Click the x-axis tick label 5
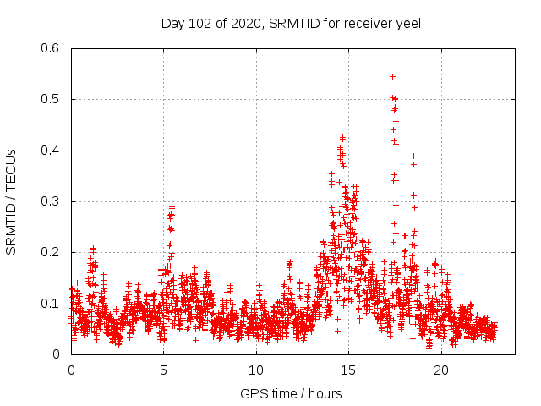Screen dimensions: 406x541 tap(163, 370)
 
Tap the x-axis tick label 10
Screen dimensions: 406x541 tap(255, 370)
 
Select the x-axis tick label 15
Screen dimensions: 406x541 tap(348, 370)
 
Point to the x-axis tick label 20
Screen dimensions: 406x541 tap(440, 370)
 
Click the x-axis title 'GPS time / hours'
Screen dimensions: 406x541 tap(291, 393)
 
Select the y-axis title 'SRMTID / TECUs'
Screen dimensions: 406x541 tap(12, 201)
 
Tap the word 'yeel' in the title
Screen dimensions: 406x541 tap(407, 23)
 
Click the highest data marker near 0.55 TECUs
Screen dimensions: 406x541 tap(392, 76)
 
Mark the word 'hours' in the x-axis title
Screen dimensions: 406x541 tap(325, 393)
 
